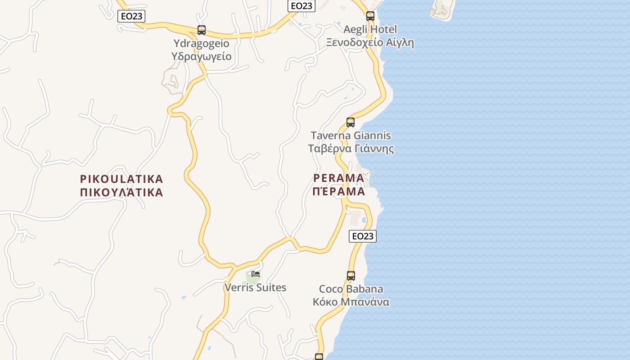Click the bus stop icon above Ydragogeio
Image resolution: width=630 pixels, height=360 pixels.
[x=202, y=30]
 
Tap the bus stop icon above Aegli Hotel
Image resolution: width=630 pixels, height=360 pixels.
[x=370, y=16]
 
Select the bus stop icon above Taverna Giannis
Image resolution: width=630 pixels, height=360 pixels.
[x=351, y=122]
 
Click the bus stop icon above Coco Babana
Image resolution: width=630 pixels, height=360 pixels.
[x=351, y=276]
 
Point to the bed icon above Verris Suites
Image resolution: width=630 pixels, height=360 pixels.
[x=256, y=274]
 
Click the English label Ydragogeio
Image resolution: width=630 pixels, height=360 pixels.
[x=202, y=44]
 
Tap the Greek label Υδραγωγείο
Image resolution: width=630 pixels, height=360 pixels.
[x=202, y=56]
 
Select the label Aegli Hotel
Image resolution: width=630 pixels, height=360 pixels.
[x=370, y=30]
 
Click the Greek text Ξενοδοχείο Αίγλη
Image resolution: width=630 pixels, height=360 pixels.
[x=370, y=43]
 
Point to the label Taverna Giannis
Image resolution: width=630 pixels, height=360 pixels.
[x=351, y=135]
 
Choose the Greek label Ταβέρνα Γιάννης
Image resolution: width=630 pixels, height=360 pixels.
[x=351, y=148]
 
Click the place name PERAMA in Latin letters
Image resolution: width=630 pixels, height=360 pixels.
[x=339, y=178]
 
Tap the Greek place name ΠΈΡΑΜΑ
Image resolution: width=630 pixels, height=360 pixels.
[x=339, y=191]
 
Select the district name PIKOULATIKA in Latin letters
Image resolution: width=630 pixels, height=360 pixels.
[x=121, y=179]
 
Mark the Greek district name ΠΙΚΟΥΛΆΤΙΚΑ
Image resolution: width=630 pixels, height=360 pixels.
[x=121, y=193]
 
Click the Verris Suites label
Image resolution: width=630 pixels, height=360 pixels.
[x=255, y=288]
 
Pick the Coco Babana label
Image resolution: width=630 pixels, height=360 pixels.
[x=351, y=289]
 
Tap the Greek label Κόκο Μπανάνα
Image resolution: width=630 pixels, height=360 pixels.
[x=351, y=302]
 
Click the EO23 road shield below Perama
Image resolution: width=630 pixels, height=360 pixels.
[x=363, y=236]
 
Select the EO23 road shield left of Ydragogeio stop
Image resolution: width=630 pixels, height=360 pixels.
[x=131, y=17]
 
